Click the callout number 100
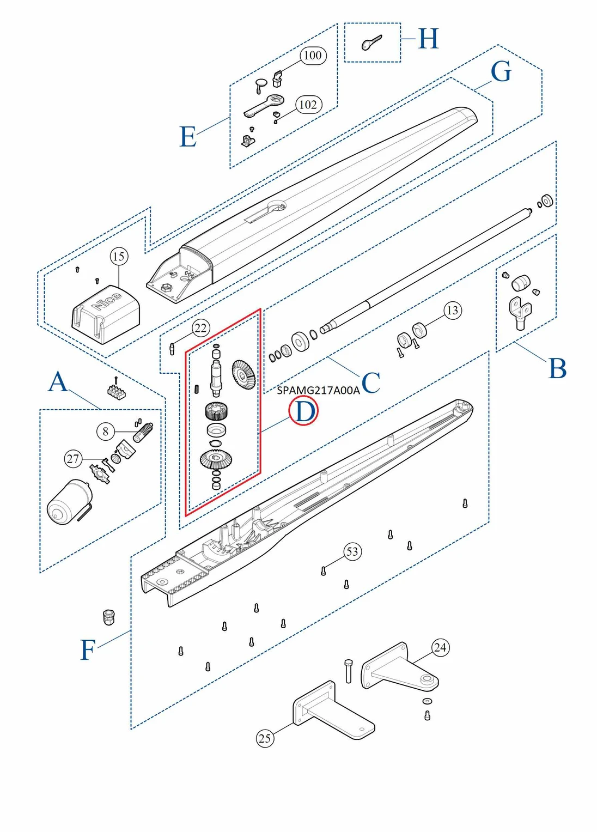(313, 55)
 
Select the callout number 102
(308, 105)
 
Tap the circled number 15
(119, 256)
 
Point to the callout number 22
(200, 328)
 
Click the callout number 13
(452, 311)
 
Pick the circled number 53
(352, 551)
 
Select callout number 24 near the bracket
(440, 647)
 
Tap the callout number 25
(265, 738)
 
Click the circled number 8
(106, 432)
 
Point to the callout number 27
(73, 459)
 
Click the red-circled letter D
(303, 411)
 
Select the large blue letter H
(428, 39)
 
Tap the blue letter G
(501, 72)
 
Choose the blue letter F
(88, 650)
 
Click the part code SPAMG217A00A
(318, 390)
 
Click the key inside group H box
(371, 42)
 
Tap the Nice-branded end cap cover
(106, 313)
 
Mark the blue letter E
(188, 137)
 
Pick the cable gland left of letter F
(109, 617)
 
